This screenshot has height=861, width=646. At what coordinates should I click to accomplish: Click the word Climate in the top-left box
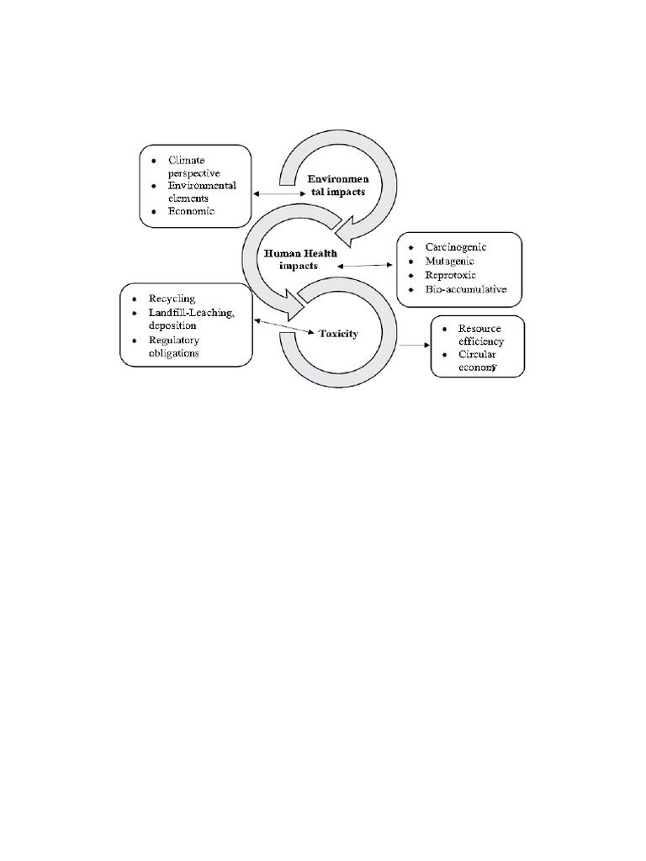187,160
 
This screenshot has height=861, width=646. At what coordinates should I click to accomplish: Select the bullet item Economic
191,212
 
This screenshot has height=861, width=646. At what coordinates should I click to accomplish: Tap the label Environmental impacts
336,186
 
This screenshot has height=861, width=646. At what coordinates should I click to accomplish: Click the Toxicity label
338,334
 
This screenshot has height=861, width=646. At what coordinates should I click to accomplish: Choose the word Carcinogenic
456,248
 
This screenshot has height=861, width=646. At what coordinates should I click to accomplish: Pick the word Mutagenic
449,262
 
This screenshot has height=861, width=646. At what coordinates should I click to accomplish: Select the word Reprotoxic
451,277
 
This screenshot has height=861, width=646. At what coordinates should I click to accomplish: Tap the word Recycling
172,298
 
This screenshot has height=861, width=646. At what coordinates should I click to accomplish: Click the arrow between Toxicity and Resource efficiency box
413,345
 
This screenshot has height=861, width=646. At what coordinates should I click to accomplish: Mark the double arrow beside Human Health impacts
367,265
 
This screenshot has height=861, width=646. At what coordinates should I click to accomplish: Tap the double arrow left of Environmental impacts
278,193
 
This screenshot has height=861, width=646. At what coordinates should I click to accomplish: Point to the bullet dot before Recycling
133,299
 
